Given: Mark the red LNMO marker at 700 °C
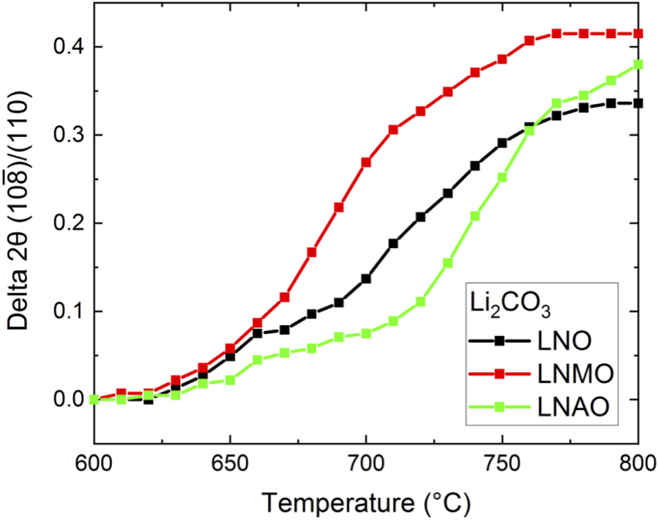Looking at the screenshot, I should [366, 162].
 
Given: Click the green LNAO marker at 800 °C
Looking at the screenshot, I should [638, 64].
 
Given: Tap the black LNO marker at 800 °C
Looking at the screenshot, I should [638, 103].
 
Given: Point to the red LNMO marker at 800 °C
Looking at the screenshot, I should [638, 33].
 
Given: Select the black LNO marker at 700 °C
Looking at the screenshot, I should [366, 278].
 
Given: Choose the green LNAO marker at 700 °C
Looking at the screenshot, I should [366, 333].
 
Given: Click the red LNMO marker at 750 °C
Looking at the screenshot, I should [502, 59].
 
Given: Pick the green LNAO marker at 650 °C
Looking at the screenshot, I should [230, 380].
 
